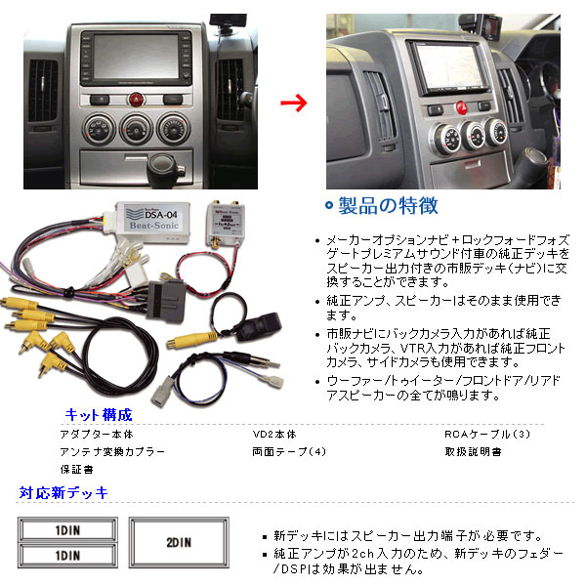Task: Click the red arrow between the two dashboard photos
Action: point(294,103)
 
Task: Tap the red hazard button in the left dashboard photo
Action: point(137,100)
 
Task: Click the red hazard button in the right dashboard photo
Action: point(462,108)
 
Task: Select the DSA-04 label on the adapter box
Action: point(161,215)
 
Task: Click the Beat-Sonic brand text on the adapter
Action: point(154,226)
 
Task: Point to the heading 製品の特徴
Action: point(388,205)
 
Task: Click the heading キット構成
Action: point(99,415)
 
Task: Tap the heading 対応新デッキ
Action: point(63,493)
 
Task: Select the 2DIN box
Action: point(179,543)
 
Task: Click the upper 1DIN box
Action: point(67,530)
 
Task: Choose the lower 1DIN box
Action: point(67,556)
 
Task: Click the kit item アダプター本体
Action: point(97,435)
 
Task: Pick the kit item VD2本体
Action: point(274,435)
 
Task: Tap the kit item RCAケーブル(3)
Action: point(487,435)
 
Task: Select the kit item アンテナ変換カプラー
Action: point(112,452)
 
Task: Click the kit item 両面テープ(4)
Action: point(289,452)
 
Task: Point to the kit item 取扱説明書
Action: point(473,452)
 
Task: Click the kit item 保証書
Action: point(76,470)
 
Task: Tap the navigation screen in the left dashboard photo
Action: point(136,57)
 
